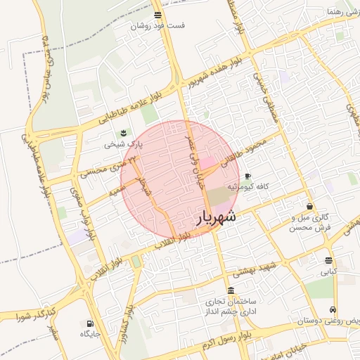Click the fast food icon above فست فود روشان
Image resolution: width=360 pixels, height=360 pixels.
point(157,14)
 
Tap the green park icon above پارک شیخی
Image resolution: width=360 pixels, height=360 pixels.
point(124,133)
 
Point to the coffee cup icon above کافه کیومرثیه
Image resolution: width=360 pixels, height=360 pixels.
point(247,176)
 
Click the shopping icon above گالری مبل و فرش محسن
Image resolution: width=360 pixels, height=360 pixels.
point(310,207)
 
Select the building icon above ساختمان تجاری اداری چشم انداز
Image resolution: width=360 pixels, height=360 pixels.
point(231,290)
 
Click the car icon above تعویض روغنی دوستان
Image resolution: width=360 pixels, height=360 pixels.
point(332,310)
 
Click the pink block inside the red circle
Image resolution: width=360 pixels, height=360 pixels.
point(210,162)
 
